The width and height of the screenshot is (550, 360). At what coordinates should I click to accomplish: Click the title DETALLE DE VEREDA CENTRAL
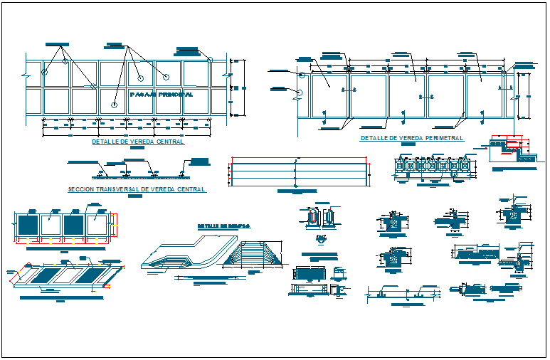click(x=137, y=142)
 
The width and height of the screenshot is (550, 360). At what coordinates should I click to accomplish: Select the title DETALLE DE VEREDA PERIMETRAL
click(x=411, y=138)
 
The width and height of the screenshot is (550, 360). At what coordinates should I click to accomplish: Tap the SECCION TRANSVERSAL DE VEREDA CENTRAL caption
click(x=136, y=189)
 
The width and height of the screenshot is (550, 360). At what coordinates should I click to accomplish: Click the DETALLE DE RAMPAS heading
click(x=223, y=226)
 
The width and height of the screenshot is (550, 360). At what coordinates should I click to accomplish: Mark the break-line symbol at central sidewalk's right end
click(x=229, y=74)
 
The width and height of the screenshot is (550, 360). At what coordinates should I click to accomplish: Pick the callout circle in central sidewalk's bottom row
click(x=115, y=105)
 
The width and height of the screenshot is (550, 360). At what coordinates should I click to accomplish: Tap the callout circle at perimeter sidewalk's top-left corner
click(x=302, y=75)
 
